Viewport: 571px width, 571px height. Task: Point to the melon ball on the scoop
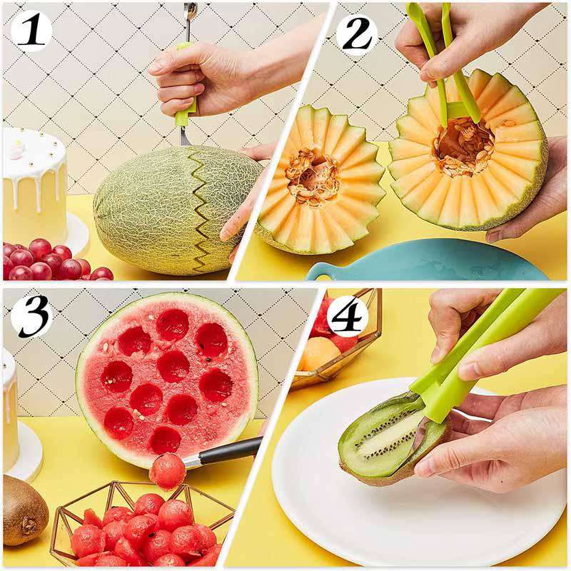(x=168, y=472)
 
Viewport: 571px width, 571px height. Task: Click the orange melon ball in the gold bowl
(x=318, y=353)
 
